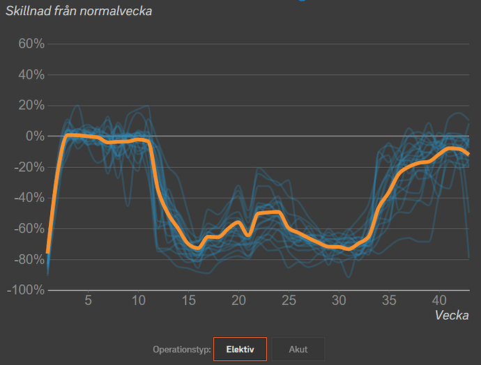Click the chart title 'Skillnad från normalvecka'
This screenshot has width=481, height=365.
(x=79, y=11)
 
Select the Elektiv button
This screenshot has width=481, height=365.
(x=240, y=349)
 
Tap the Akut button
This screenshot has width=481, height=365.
(x=298, y=349)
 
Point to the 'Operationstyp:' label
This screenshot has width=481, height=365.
(x=182, y=349)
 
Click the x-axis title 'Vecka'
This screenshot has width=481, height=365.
(x=452, y=315)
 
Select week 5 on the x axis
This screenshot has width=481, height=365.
(x=88, y=300)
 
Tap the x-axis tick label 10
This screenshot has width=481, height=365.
(x=138, y=300)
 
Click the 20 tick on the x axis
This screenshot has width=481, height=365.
(x=239, y=300)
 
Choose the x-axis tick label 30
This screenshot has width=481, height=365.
(x=339, y=300)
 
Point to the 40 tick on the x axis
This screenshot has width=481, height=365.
(x=440, y=300)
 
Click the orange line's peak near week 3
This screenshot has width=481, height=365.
(x=68, y=134)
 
